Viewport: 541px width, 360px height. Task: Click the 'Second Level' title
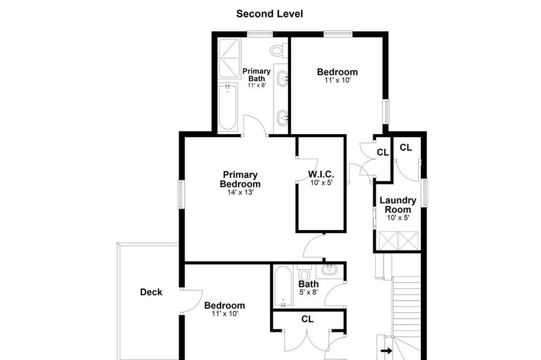[269, 14]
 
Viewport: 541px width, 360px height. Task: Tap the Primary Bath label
[256, 75]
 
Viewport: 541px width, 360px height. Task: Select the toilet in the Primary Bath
[279, 51]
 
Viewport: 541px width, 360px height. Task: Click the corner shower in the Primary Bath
[229, 58]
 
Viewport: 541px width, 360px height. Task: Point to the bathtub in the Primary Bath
[228, 107]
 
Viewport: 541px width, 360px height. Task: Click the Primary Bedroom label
[240, 179]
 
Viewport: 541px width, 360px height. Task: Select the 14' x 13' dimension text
[240, 192]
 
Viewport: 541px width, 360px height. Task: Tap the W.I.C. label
[321, 174]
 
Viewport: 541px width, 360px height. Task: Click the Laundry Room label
[398, 205]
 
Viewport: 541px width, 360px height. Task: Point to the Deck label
[151, 292]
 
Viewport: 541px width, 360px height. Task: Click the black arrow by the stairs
[387, 351]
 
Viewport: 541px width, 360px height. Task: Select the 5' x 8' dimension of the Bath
[308, 292]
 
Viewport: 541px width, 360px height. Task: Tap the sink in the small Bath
[330, 270]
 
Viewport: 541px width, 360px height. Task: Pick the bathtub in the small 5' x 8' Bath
[283, 286]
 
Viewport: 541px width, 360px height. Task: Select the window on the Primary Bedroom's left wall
[180, 195]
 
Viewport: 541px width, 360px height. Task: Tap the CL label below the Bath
[307, 319]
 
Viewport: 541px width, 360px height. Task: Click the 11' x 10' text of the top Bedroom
[337, 81]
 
